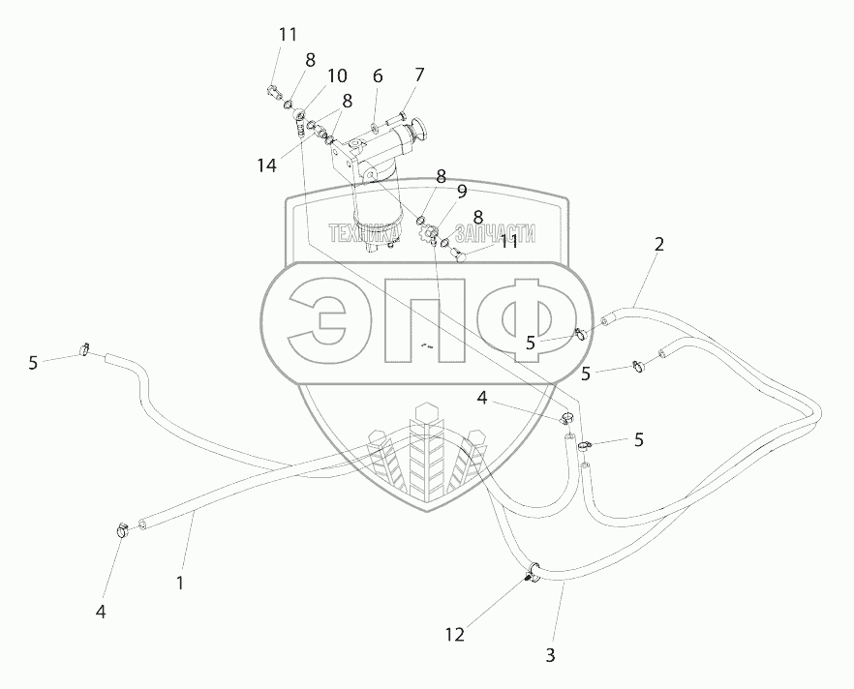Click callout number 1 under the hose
179,584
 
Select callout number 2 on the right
658,245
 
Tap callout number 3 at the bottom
550,655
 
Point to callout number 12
454,635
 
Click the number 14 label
267,165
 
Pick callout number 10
336,75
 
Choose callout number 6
378,76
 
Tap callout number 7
418,75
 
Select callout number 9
462,192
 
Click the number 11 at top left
288,34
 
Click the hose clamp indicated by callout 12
531,573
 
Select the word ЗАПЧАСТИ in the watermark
496,233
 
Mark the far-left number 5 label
33,363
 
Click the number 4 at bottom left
100,611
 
